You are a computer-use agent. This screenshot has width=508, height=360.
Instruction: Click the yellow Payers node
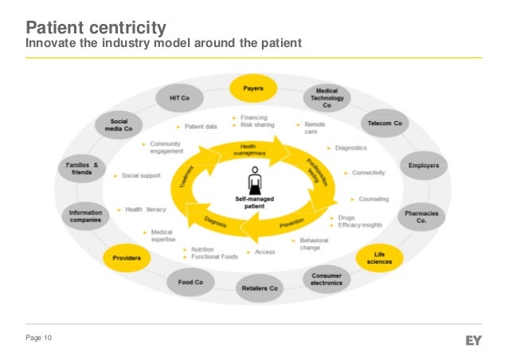pyautogui.click(x=254, y=88)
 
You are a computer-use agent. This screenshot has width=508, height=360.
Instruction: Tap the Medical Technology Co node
pyautogui.click(x=327, y=99)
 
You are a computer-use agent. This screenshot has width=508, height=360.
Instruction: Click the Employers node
pyautogui.click(x=424, y=166)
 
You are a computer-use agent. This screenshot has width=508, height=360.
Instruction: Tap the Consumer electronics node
pyautogui.click(x=327, y=277)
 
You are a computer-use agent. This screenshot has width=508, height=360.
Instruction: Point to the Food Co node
pyautogui.click(x=188, y=280)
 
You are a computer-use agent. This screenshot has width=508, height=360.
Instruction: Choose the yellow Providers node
pyautogui.click(x=126, y=258)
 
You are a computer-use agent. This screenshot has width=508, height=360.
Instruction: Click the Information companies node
pyautogui.click(x=84, y=217)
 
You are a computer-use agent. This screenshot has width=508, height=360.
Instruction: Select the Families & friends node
pyautogui.click(x=83, y=169)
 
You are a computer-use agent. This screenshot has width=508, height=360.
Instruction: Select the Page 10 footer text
pyautogui.click(x=39, y=340)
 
